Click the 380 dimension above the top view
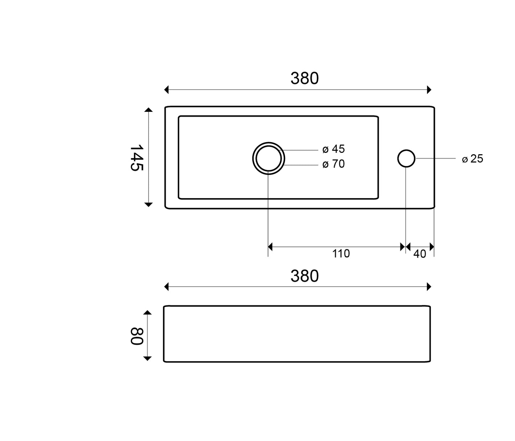304,78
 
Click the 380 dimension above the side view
304,276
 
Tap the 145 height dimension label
137,157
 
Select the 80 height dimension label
137,336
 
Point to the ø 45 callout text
333,149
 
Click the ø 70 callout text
333,164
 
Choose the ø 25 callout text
472,159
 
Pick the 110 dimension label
341,254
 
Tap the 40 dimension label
419,254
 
